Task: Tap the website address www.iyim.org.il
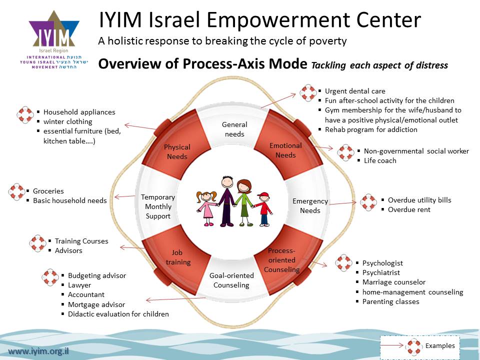pos(38,351)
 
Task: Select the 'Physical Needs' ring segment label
pos(177,151)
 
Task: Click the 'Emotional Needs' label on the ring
pos(285,150)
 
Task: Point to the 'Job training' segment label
pos(177,257)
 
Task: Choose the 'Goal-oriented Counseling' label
pos(231,280)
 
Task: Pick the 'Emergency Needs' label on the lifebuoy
pos(310,205)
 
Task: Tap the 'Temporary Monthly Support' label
pos(157,206)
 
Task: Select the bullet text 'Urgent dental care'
pos(355,91)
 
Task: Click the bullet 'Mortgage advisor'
pos(96,304)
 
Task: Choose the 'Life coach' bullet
pos(380,160)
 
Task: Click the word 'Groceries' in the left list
pos(48,191)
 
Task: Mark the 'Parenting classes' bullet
pos(390,301)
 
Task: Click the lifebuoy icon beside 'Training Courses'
pos(38,243)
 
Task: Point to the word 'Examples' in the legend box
pos(440,346)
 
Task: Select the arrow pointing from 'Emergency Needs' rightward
pos(344,203)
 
